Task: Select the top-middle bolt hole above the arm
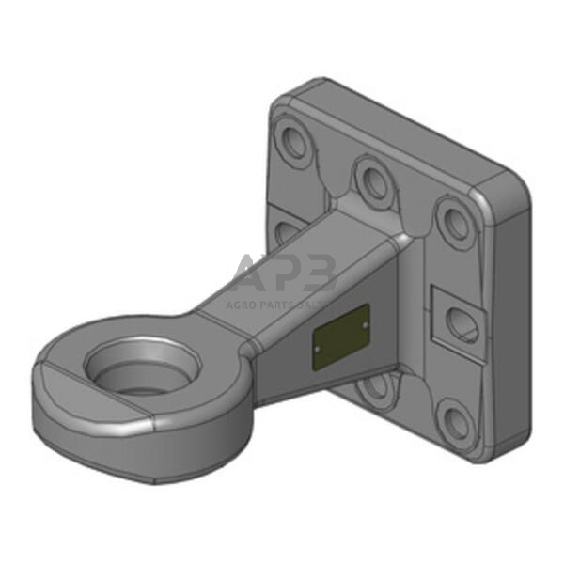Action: pyautogui.click(x=374, y=180)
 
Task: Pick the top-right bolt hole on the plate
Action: pyautogui.click(x=456, y=223)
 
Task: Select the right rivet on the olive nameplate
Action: pyautogui.click(x=363, y=324)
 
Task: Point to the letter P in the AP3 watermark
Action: pyautogui.click(x=287, y=274)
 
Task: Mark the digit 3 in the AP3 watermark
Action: pyautogui.click(x=320, y=274)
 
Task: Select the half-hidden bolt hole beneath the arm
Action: pyautogui.click(x=375, y=383)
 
